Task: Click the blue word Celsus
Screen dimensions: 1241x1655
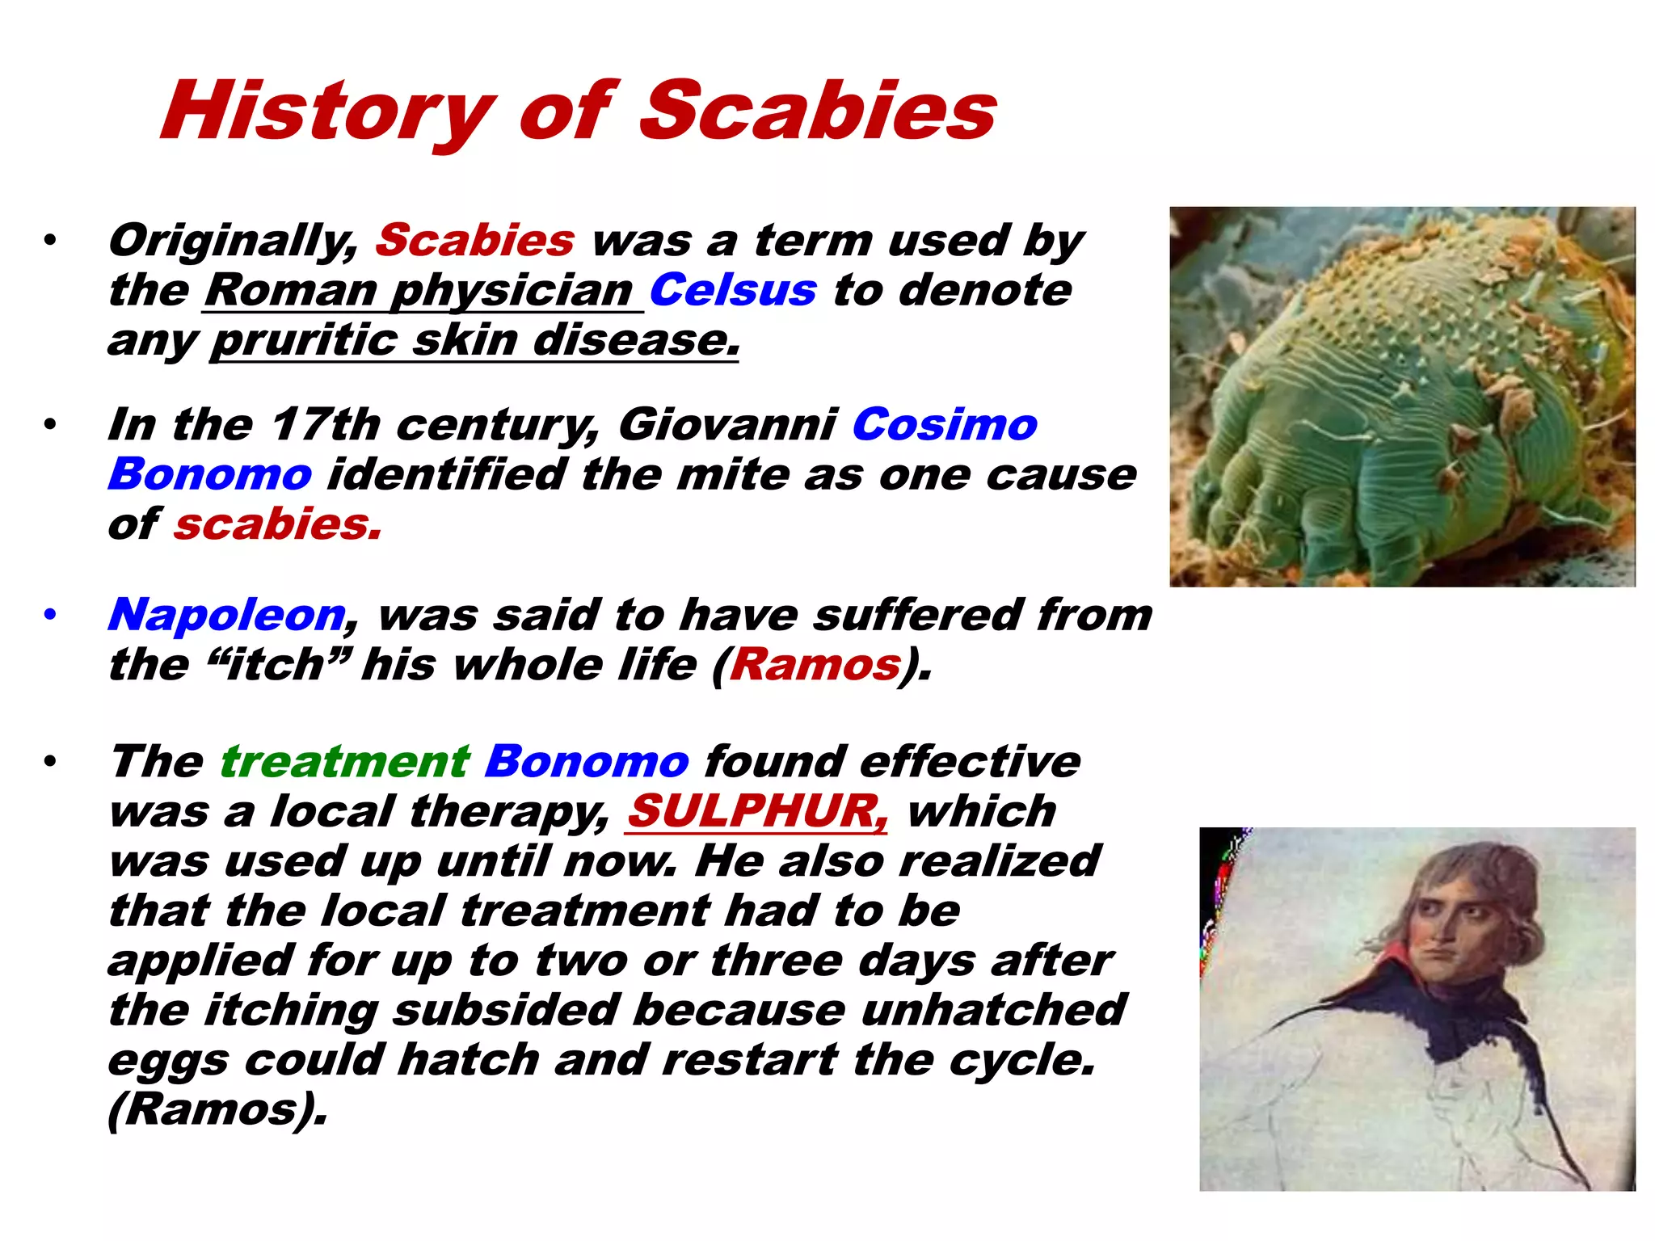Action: click(732, 290)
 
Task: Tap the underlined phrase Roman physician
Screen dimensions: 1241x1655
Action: click(422, 290)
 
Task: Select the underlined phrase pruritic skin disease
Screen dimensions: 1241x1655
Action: click(475, 340)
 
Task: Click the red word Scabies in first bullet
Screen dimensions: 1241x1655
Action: click(474, 241)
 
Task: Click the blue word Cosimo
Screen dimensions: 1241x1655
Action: click(944, 425)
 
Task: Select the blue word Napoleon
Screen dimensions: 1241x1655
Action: click(227, 615)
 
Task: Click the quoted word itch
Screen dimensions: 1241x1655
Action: click(275, 665)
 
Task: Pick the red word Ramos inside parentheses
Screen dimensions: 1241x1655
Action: click(815, 665)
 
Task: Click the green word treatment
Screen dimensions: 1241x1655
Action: click(344, 762)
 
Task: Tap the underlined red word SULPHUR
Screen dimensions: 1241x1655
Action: click(756, 811)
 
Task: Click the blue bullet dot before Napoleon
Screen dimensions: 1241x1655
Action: click(50, 616)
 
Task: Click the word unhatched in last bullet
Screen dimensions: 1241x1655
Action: click(992, 1010)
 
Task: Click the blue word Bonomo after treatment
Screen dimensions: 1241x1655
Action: click(587, 762)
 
